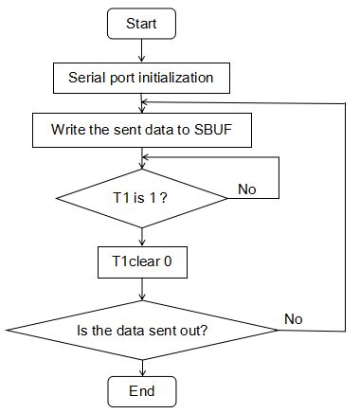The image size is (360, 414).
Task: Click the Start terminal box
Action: point(141,24)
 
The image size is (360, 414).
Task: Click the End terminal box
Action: point(141,390)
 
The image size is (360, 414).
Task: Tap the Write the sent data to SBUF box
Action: point(141,131)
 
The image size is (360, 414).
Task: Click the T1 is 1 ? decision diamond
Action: point(141,199)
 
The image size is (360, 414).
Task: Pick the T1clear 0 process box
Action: point(141,262)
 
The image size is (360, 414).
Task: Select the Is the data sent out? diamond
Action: point(141,332)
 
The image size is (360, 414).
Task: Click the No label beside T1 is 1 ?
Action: point(247,189)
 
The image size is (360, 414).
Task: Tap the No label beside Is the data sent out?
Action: point(295,320)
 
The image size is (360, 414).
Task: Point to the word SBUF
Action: point(226,131)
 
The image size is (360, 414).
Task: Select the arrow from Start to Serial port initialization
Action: point(141,49)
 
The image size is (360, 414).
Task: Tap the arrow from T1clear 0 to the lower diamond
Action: point(141,290)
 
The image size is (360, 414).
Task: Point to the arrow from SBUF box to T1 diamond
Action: point(141,158)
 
